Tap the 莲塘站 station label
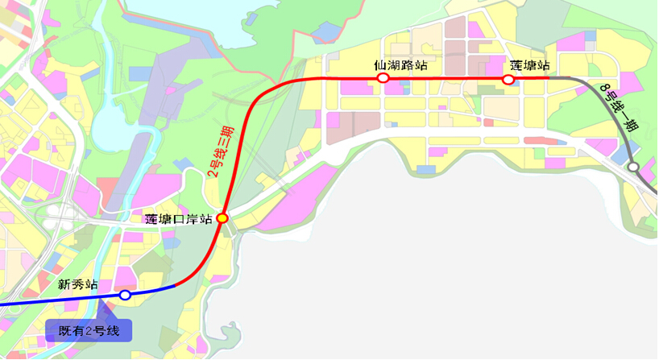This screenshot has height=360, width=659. (x=529, y=64)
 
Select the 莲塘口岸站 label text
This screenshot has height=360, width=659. (x=178, y=218)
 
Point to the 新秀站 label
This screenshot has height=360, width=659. (x=78, y=284)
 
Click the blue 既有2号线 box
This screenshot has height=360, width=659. (x=88, y=330)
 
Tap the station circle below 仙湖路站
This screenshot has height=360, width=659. (x=383, y=78)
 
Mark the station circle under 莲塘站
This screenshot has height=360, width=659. (x=508, y=79)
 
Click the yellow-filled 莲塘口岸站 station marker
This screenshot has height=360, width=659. (x=222, y=217)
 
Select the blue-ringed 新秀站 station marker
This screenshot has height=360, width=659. (x=125, y=296)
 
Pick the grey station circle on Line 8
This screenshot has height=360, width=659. (x=633, y=167)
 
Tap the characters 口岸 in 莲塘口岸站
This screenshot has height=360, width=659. (x=184, y=218)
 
